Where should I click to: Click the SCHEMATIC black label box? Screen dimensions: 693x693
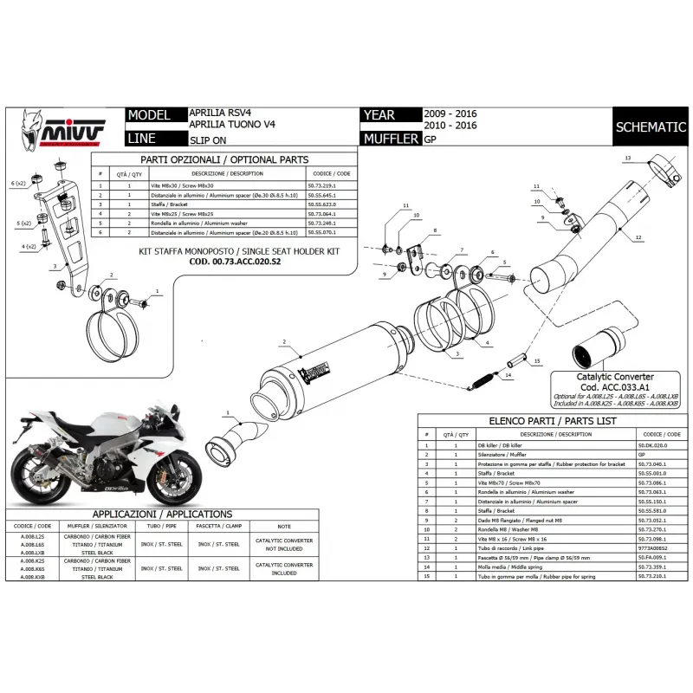(650, 126)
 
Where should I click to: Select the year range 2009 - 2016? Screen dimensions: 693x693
(450, 113)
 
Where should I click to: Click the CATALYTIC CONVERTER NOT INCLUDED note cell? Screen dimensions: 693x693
(284, 543)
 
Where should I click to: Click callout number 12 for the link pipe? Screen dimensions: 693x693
(638, 236)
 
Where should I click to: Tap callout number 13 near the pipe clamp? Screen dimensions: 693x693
(627, 158)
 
